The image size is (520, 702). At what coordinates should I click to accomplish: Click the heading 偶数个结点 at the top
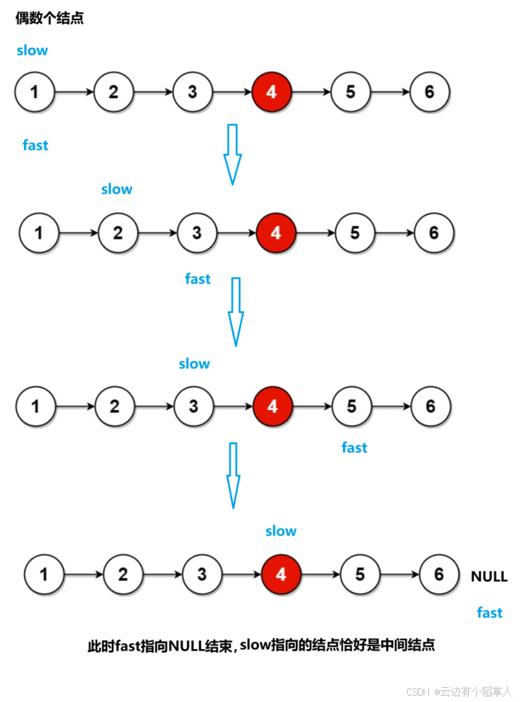pos(49,18)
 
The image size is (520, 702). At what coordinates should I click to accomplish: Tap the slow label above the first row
pos(32,50)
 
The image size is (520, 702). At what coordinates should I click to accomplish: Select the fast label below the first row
pos(36,145)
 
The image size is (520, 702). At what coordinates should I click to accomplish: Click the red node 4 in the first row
pos(272,92)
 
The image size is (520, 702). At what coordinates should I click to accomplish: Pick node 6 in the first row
pos(429,92)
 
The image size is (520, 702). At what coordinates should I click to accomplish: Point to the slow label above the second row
pos(116,189)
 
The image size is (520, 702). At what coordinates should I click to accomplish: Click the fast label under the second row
pos(198,279)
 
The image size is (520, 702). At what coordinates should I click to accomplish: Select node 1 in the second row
pos(39,232)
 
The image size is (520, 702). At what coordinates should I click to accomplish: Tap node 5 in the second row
pos(354,232)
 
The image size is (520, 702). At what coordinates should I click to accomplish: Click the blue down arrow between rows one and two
pos(233,154)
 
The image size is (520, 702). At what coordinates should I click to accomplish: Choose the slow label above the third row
pos(194,364)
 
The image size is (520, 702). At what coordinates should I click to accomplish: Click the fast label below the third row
pos(354,448)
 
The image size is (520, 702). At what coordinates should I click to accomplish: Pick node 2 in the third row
pos(114,406)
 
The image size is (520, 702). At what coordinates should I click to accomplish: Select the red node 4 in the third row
pos(272,406)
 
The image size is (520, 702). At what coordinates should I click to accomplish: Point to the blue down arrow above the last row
pos(233,475)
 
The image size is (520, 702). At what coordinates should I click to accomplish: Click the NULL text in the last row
pos(489,577)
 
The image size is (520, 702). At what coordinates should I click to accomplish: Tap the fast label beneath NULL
pos(490,612)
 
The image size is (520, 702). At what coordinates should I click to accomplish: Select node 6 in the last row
pos(439,574)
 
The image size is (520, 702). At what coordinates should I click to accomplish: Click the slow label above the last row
pos(281,531)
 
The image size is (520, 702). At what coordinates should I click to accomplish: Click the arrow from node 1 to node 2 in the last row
pos(84,574)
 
